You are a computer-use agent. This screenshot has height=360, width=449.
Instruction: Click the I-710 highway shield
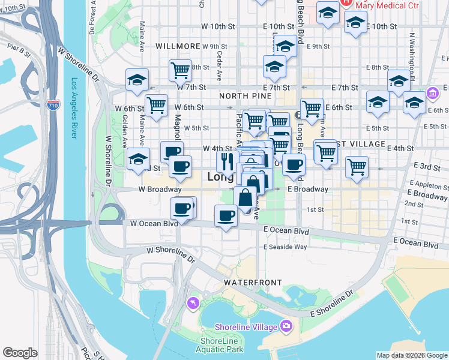[54, 105]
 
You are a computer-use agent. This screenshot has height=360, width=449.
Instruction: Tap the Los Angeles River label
[74, 109]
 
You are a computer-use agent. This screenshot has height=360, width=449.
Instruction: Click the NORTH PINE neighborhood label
[241, 96]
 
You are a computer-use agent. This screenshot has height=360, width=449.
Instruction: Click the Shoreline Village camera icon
[286, 326]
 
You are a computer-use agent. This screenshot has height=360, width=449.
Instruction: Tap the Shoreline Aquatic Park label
[221, 344]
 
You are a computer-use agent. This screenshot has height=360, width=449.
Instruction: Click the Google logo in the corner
[20, 353]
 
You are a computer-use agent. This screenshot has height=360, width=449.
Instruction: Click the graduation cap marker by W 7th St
[137, 79]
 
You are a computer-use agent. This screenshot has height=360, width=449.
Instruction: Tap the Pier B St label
[19, 49]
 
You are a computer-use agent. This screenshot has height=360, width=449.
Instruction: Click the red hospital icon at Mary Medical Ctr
[347, 2]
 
